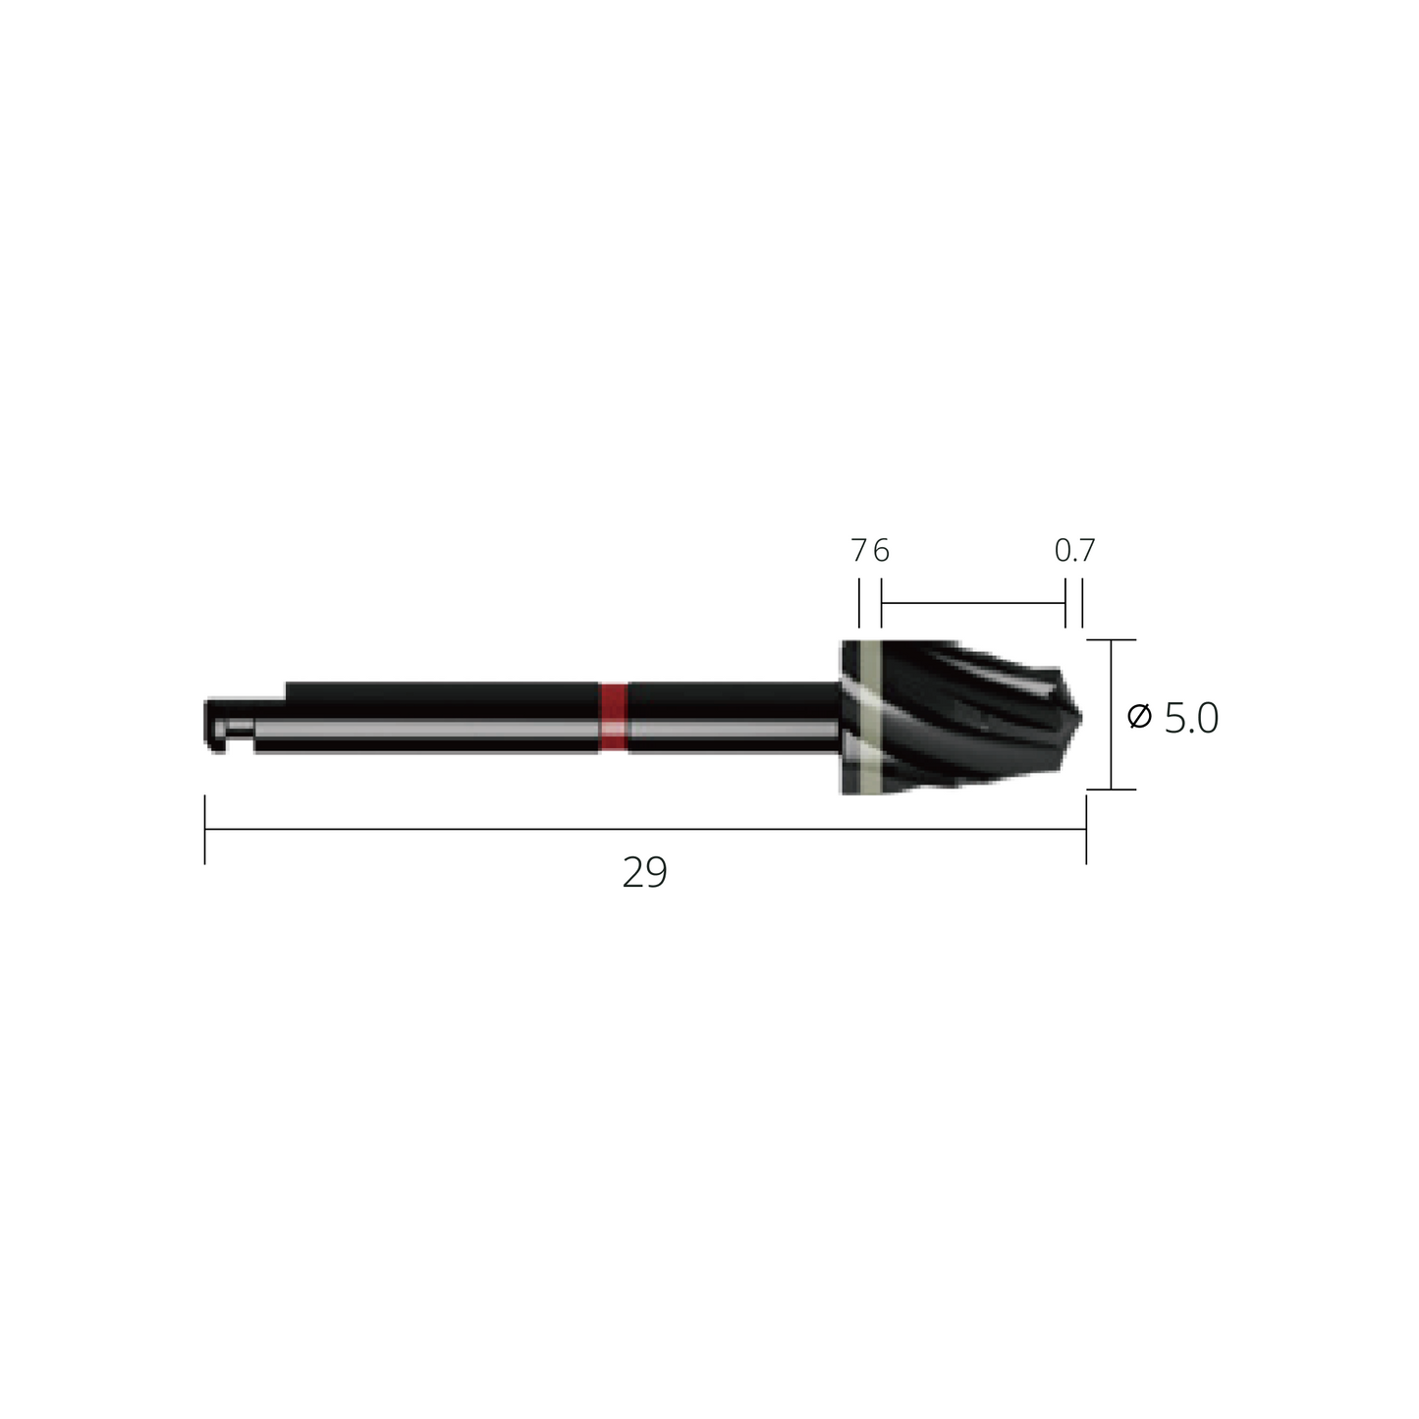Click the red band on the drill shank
(613, 717)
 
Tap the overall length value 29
(644, 873)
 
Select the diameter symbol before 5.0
(1139, 717)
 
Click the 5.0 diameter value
(1191, 718)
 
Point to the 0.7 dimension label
(1074, 550)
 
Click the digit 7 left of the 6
(858, 550)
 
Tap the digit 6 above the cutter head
(882, 550)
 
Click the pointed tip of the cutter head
(1081, 717)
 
